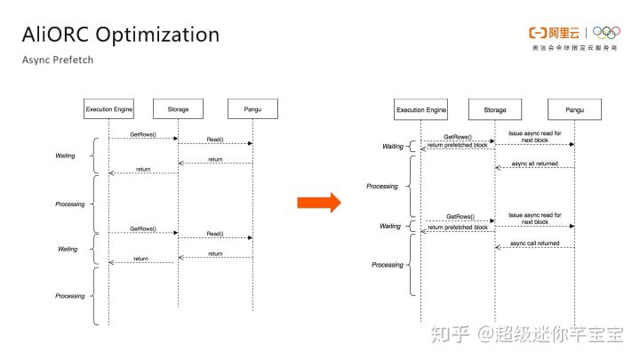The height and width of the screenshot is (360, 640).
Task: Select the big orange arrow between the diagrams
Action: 318,203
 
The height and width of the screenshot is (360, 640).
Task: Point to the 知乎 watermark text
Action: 448,334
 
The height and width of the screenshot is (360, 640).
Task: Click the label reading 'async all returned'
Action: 535,164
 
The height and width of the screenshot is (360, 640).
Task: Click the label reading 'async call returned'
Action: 535,242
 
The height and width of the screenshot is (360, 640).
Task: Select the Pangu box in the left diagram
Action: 252,109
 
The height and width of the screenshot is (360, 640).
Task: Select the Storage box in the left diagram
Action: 178,109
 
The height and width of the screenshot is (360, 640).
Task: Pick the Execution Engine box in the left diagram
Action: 108,109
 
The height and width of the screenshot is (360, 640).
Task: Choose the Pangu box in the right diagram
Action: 574,109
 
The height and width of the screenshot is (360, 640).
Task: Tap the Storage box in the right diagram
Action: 495,109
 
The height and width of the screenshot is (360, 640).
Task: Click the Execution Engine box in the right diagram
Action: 421,109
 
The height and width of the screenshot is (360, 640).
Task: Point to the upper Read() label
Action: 215,140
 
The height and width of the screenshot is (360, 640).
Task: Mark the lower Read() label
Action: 215,234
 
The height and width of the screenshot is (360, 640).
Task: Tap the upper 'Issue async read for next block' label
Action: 534,136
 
